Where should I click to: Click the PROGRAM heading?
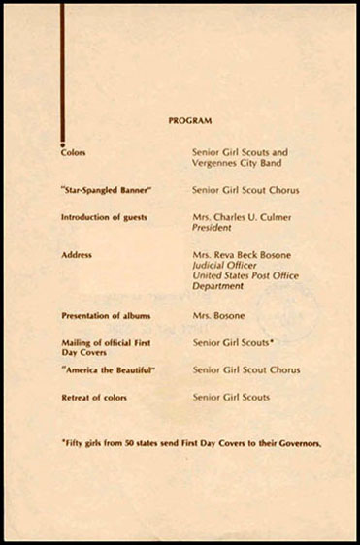coord(190,121)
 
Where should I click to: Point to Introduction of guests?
coord(104,217)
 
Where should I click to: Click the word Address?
coord(77,254)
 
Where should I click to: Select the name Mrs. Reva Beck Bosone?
coord(242,254)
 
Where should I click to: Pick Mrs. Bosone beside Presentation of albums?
coord(218,317)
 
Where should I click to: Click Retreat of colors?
coord(93,398)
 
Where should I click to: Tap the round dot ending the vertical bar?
coord(63,141)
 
